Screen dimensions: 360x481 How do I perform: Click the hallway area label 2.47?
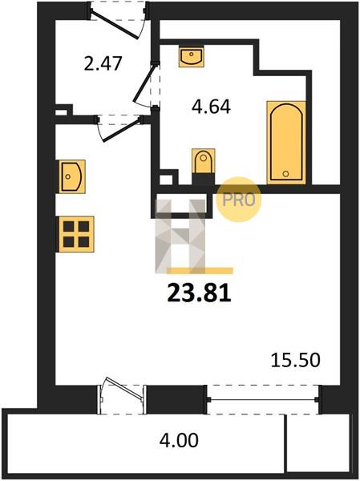pyautogui.click(x=103, y=63)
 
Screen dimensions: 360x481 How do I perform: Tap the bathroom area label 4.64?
pyautogui.click(x=211, y=107)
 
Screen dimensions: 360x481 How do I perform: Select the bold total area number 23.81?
pyautogui.click(x=199, y=293)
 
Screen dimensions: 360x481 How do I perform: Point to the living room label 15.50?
pyautogui.click(x=296, y=360)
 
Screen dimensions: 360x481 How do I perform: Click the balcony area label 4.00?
pyautogui.click(x=179, y=440)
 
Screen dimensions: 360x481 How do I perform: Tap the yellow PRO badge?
pyautogui.click(x=239, y=200)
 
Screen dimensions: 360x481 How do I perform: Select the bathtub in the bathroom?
pyautogui.click(x=286, y=143)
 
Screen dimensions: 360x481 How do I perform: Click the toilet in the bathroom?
pyautogui.click(x=203, y=166)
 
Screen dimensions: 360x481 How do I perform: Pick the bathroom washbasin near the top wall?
pyautogui.click(x=191, y=56)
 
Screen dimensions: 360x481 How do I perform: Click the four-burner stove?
pyautogui.click(x=75, y=234)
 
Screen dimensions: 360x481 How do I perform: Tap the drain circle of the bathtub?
pyautogui.click(x=285, y=174)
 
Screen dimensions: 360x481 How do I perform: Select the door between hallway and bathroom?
pyautogui.click(x=147, y=83)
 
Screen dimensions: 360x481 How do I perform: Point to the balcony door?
pyautogui.click(x=122, y=395)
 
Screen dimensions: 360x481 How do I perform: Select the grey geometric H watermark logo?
pyautogui.click(x=180, y=236)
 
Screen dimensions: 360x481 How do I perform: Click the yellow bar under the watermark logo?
pyautogui.click(x=200, y=271)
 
